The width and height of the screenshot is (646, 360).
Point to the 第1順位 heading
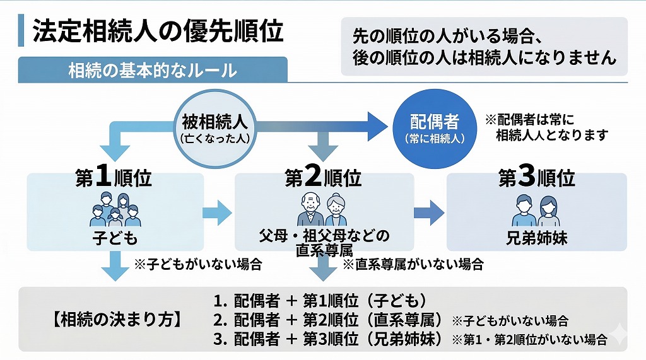coord(114,179)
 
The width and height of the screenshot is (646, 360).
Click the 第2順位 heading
coord(323,179)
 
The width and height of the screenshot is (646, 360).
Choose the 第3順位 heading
coord(537,179)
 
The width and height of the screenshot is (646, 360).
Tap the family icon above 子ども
coord(114,210)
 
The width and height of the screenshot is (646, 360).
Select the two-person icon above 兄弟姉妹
coord(537,210)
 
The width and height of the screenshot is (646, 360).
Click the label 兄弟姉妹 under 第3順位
coord(537,240)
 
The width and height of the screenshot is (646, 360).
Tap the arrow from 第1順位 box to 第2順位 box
coord(218,212)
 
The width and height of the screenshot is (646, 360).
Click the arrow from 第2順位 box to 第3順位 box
coord(429,212)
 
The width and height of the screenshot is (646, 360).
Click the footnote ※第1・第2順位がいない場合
coord(529,340)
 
